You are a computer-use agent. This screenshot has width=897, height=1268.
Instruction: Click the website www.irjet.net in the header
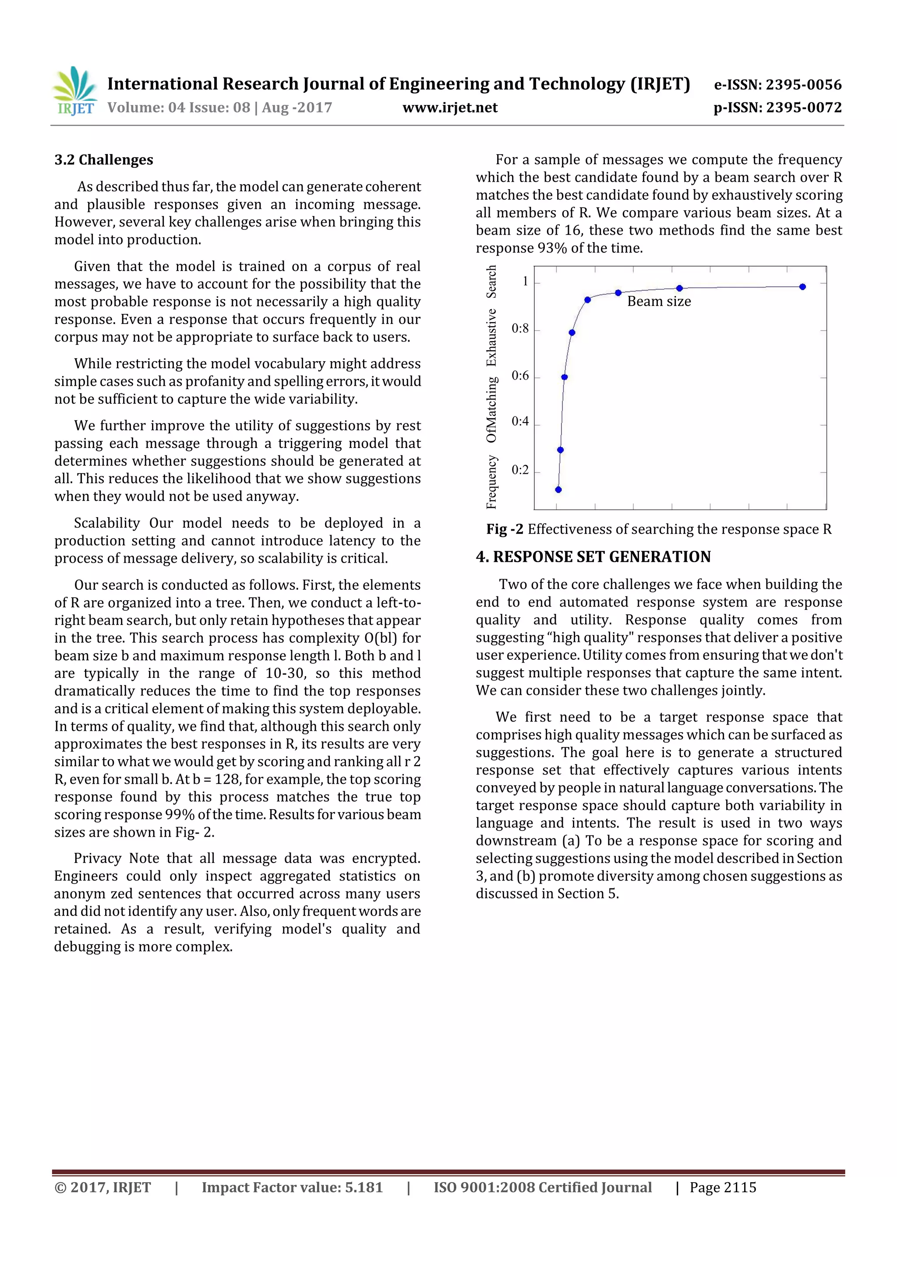(x=450, y=108)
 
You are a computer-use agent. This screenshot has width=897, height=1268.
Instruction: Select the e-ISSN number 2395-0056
(x=803, y=85)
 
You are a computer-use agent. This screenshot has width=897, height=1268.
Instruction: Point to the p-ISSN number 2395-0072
(x=804, y=108)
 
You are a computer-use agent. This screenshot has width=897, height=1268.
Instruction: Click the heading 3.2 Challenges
(x=104, y=160)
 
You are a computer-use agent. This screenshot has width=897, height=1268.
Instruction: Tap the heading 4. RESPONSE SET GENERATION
(x=593, y=557)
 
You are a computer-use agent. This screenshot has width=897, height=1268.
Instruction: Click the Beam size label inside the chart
(x=659, y=302)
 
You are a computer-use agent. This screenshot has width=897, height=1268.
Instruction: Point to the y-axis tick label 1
(x=525, y=282)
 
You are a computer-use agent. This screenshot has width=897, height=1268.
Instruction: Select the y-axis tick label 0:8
(x=520, y=328)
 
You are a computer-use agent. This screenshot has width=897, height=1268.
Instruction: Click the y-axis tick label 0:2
(x=520, y=470)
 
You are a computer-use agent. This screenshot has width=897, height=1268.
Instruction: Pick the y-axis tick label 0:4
(x=520, y=422)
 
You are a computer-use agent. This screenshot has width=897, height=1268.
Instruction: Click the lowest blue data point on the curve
(x=558, y=490)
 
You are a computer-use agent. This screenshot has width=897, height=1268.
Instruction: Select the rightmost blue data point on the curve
(x=802, y=287)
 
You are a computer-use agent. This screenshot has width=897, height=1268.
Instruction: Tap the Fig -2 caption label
(x=504, y=529)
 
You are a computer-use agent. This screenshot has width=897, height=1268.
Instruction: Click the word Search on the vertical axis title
(x=491, y=282)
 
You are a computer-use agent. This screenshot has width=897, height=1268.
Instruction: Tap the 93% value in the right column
(x=552, y=248)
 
